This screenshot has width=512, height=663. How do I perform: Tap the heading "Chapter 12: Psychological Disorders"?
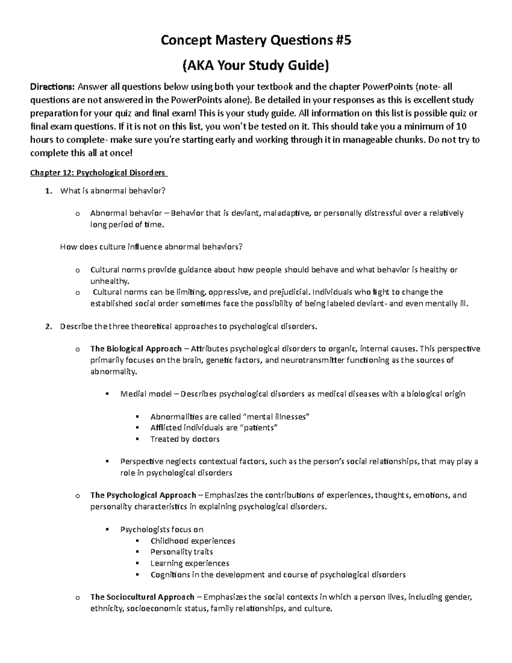pyautogui.click(x=97, y=173)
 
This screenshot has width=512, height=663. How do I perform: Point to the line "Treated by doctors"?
pyautogui.click(x=185, y=439)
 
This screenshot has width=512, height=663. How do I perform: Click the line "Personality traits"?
pyautogui.click(x=182, y=552)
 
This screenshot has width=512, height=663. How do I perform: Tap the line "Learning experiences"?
pyautogui.click(x=190, y=563)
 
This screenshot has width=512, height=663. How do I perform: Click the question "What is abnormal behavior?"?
pyautogui.click(x=112, y=191)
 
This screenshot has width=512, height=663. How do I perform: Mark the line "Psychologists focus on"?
pyautogui.click(x=162, y=530)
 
